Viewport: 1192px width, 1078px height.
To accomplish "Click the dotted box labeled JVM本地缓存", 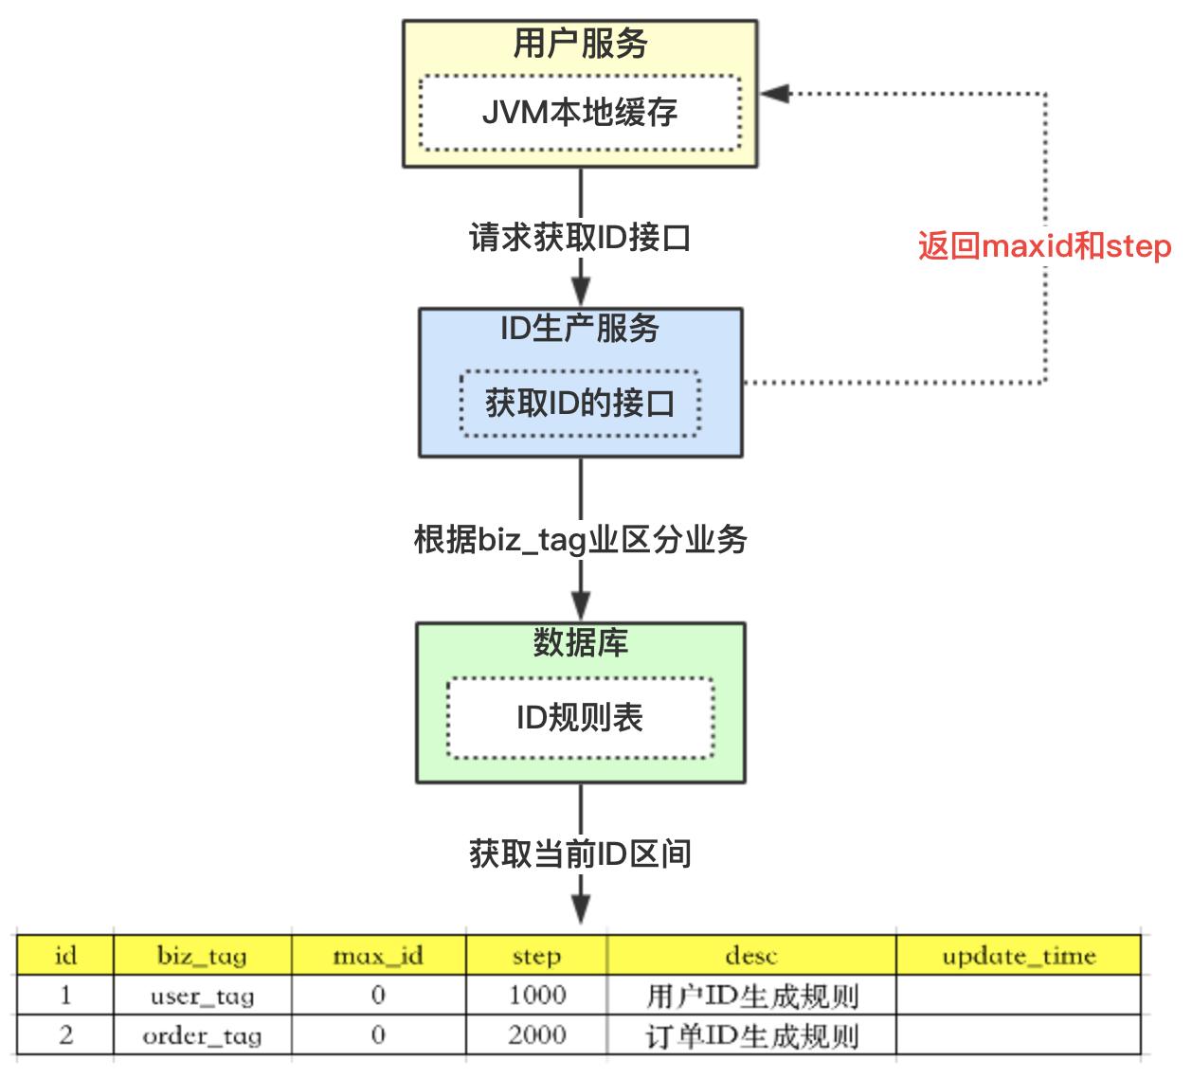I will coord(580,112).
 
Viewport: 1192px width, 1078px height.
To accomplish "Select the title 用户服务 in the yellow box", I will coord(580,44).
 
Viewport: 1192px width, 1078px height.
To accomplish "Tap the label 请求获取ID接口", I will coord(580,237).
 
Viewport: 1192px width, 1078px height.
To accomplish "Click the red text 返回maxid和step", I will coord(1044,246).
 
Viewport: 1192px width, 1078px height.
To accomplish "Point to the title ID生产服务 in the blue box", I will coord(580,328).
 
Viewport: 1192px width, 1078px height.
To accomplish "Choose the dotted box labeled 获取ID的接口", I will coord(580,404).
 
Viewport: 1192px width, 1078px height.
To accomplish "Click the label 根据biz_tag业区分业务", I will coord(580,540).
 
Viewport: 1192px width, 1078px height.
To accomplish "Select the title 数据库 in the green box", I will coord(580,643).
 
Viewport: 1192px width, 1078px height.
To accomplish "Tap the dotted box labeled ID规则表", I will coord(580,717).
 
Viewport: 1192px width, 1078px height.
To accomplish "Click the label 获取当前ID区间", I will coord(580,854).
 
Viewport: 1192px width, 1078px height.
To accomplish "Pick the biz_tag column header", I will coord(202,956).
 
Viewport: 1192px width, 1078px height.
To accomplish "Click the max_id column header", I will coord(378,956).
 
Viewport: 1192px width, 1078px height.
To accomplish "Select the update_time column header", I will coord(1019,956).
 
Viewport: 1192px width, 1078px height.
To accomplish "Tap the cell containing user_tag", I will coord(202,996).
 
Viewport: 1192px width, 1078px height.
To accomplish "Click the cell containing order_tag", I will coord(202,1035).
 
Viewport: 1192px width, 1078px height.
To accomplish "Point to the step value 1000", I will coord(536,996).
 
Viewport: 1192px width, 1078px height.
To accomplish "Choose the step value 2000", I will coord(536,1035).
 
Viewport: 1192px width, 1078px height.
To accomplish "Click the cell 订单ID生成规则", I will coord(751,1035).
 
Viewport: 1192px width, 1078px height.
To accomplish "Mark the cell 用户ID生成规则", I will coord(751,996).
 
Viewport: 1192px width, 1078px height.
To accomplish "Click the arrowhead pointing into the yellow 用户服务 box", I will coord(774,93).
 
